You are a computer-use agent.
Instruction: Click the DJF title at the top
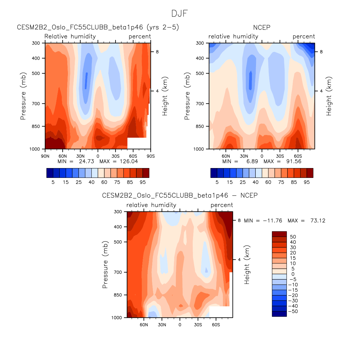click(179, 13)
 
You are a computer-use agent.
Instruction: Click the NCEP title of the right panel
click(261, 27)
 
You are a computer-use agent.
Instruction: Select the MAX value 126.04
click(129, 161)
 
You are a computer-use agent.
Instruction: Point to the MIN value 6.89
click(252, 161)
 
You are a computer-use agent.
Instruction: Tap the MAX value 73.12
click(318, 221)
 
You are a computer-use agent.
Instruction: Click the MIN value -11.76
click(272, 221)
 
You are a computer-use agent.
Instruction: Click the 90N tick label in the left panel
click(45, 156)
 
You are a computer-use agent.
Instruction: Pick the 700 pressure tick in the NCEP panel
click(200, 104)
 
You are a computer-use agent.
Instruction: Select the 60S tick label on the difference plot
click(216, 325)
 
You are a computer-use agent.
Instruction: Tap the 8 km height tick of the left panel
click(157, 52)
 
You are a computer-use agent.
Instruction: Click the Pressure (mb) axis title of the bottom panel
click(105, 264)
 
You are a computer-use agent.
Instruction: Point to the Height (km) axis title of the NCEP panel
click(329, 96)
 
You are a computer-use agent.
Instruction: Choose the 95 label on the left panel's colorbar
click(143, 182)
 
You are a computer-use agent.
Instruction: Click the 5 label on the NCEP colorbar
click(217, 182)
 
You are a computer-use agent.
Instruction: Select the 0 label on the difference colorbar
click(293, 274)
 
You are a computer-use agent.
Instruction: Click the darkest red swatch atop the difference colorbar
click(279, 234)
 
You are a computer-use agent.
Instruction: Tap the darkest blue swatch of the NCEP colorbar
click(214, 173)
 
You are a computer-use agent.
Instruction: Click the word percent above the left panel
click(140, 36)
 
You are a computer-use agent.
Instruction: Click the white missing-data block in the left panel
click(139, 143)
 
